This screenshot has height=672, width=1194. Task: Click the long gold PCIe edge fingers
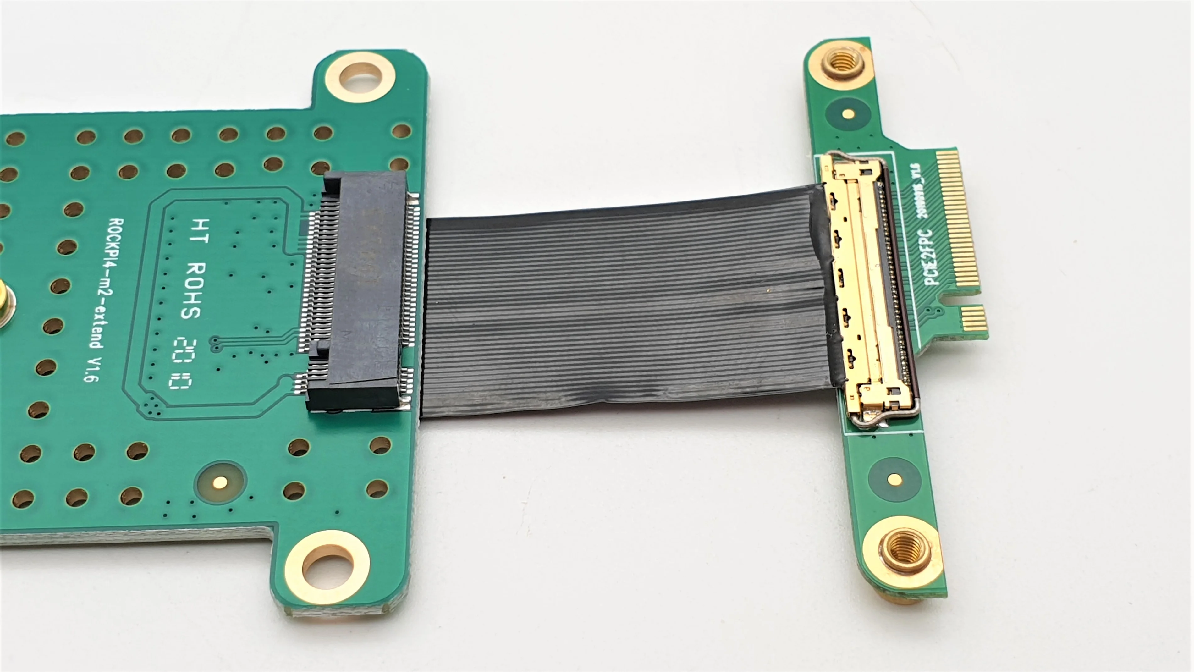coord(960,223)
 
